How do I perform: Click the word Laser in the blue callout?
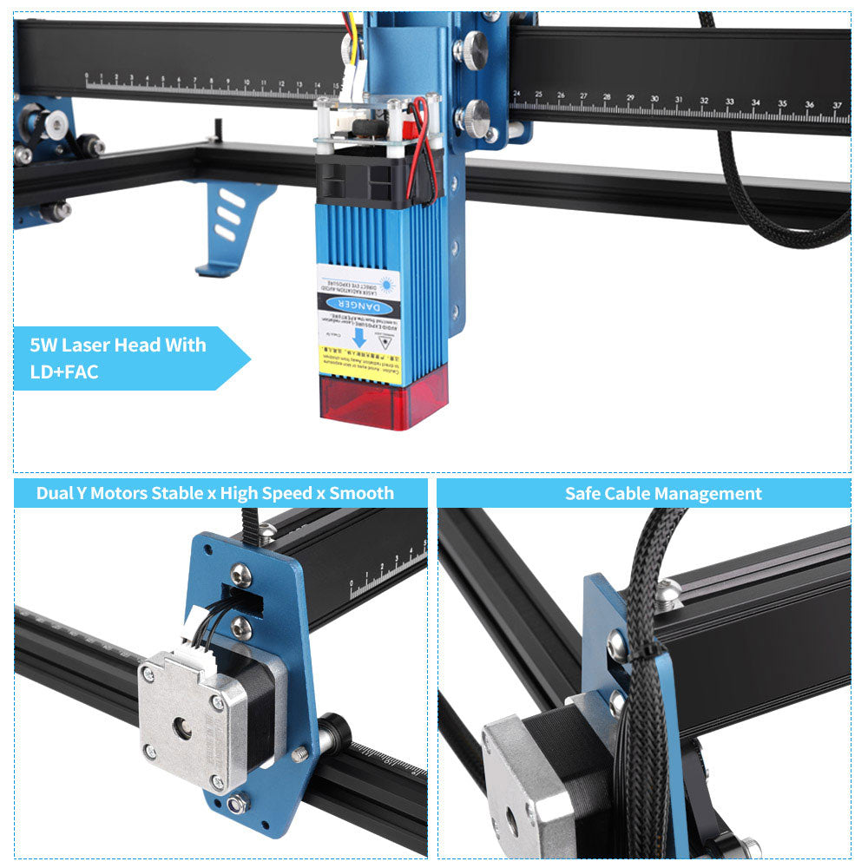point(89,345)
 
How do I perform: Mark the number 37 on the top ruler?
point(836,106)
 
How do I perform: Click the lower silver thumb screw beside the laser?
point(474,117)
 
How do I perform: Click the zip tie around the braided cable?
point(647,644)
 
